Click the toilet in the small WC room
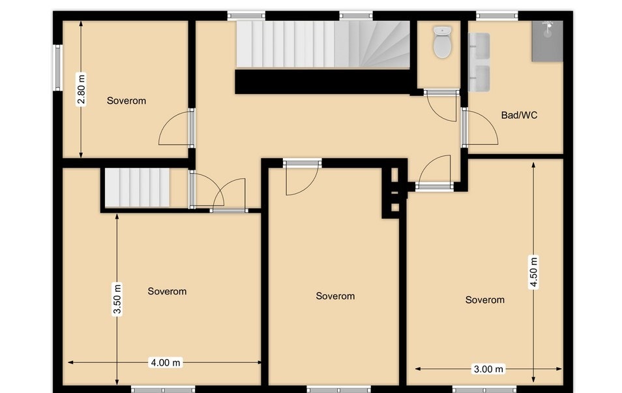pos(442,42)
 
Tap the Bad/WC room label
pos(519,116)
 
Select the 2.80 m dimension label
pos(81,89)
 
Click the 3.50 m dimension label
pos(117,299)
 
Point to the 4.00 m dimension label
pos(166,362)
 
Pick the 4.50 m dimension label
pos(533,272)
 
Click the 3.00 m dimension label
pos(489,369)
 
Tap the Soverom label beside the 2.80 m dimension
pos(126,101)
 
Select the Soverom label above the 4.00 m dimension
pos(167,291)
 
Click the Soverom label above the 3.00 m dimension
pos(484,300)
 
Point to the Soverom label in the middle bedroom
pos(335,296)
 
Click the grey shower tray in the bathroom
pos(548,41)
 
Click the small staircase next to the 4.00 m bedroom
pos(138,187)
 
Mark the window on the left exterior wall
pos(58,67)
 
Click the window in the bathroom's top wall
pos(497,16)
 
